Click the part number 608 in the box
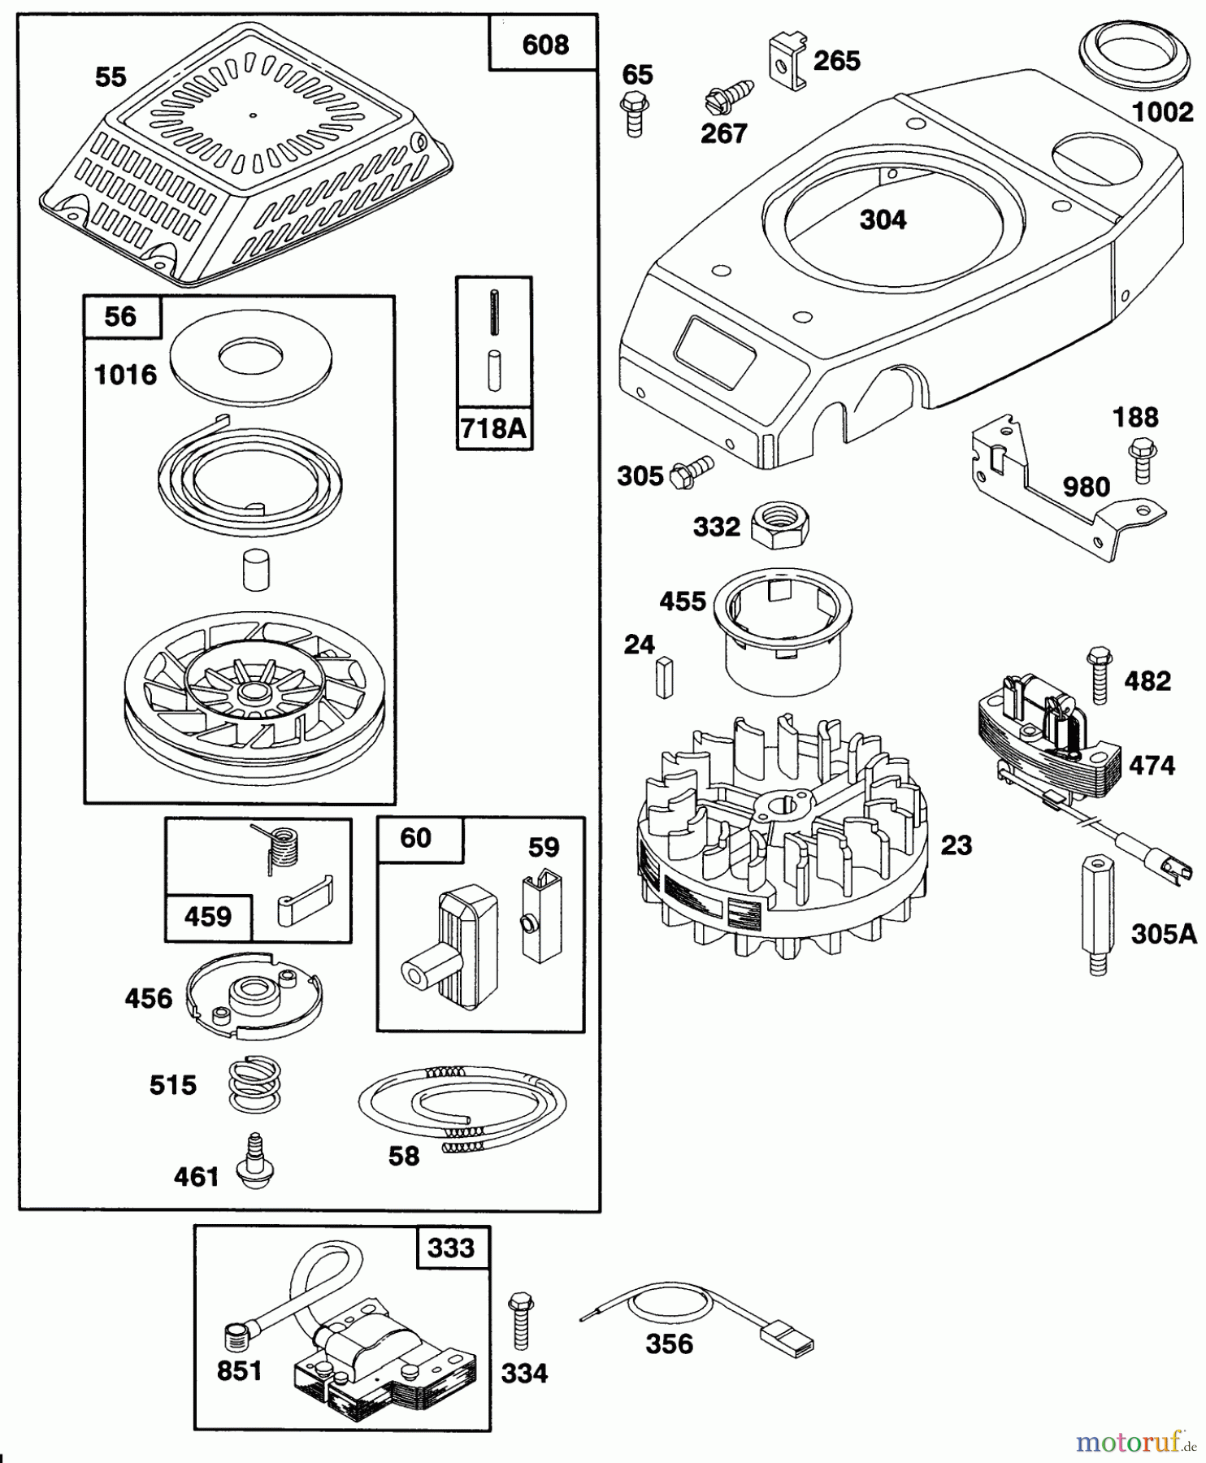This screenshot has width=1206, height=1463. tap(544, 45)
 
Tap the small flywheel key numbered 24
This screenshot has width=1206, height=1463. tap(664, 678)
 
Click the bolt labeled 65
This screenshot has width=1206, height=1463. tap(633, 114)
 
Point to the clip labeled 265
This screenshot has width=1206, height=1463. tap(786, 62)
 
